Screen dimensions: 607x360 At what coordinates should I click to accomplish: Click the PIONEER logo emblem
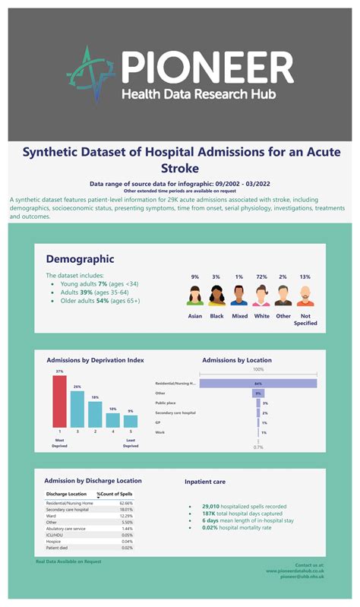(90, 74)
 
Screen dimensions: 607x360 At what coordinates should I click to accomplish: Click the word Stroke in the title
(180, 167)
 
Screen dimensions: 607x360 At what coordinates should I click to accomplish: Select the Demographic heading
(80, 259)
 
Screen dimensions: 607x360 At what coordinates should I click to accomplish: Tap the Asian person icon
(195, 296)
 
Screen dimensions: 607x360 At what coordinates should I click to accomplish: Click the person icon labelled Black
(216, 296)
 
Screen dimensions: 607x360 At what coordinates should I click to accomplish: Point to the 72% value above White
(261, 277)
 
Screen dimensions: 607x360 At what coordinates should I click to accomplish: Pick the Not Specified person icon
(305, 296)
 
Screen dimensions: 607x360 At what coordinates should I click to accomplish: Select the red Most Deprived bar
(59, 401)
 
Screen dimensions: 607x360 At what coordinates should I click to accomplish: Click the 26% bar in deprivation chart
(77, 408)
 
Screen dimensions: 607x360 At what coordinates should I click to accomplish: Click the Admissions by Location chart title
(237, 360)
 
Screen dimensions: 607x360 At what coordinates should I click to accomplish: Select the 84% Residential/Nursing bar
(258, 384)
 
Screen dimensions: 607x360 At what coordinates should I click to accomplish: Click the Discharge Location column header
(68, 495)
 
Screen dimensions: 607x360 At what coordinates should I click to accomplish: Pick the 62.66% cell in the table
(126, 503)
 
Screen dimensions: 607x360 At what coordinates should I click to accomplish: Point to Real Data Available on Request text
(68, 561)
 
